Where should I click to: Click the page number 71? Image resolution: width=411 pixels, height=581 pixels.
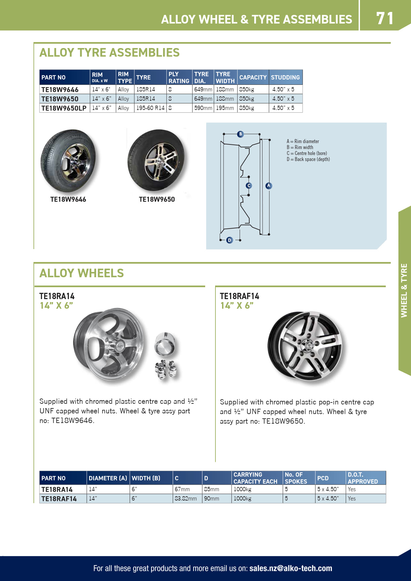(x=384, y=18)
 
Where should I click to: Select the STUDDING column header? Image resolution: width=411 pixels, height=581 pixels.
(x=285, y=78)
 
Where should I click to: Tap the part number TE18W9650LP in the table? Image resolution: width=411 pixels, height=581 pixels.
(x=64, y=108)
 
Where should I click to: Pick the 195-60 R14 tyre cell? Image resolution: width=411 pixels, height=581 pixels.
(x=150, y=108)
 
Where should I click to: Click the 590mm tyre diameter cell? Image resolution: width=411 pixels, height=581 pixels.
(x=203, y=108)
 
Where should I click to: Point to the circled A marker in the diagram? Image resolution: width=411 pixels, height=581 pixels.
(x=269, y=186)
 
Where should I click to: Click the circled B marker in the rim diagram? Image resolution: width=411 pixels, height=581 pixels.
(x=241, y=134)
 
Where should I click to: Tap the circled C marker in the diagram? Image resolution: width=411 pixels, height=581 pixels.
(x=249, y=186)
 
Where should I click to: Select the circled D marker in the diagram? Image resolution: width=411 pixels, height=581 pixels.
(x=229, y=240)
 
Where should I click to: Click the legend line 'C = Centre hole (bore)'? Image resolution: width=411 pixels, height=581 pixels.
(x=307, y=153)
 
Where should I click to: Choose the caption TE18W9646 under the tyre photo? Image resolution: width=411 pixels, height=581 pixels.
(x=68, y=199)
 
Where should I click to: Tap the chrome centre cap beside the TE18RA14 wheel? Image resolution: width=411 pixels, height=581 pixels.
(x=165, y=343)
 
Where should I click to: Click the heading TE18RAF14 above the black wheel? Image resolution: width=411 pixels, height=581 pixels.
(x=239, y=296)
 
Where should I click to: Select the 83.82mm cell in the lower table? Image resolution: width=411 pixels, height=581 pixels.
(x=186, y=499)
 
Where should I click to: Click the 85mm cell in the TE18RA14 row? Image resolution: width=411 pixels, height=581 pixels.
(x=211, y=489)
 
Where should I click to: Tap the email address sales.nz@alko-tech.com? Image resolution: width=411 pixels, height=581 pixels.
(x=290, y=568)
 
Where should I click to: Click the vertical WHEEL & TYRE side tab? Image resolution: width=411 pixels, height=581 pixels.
(x=404, y=290)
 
